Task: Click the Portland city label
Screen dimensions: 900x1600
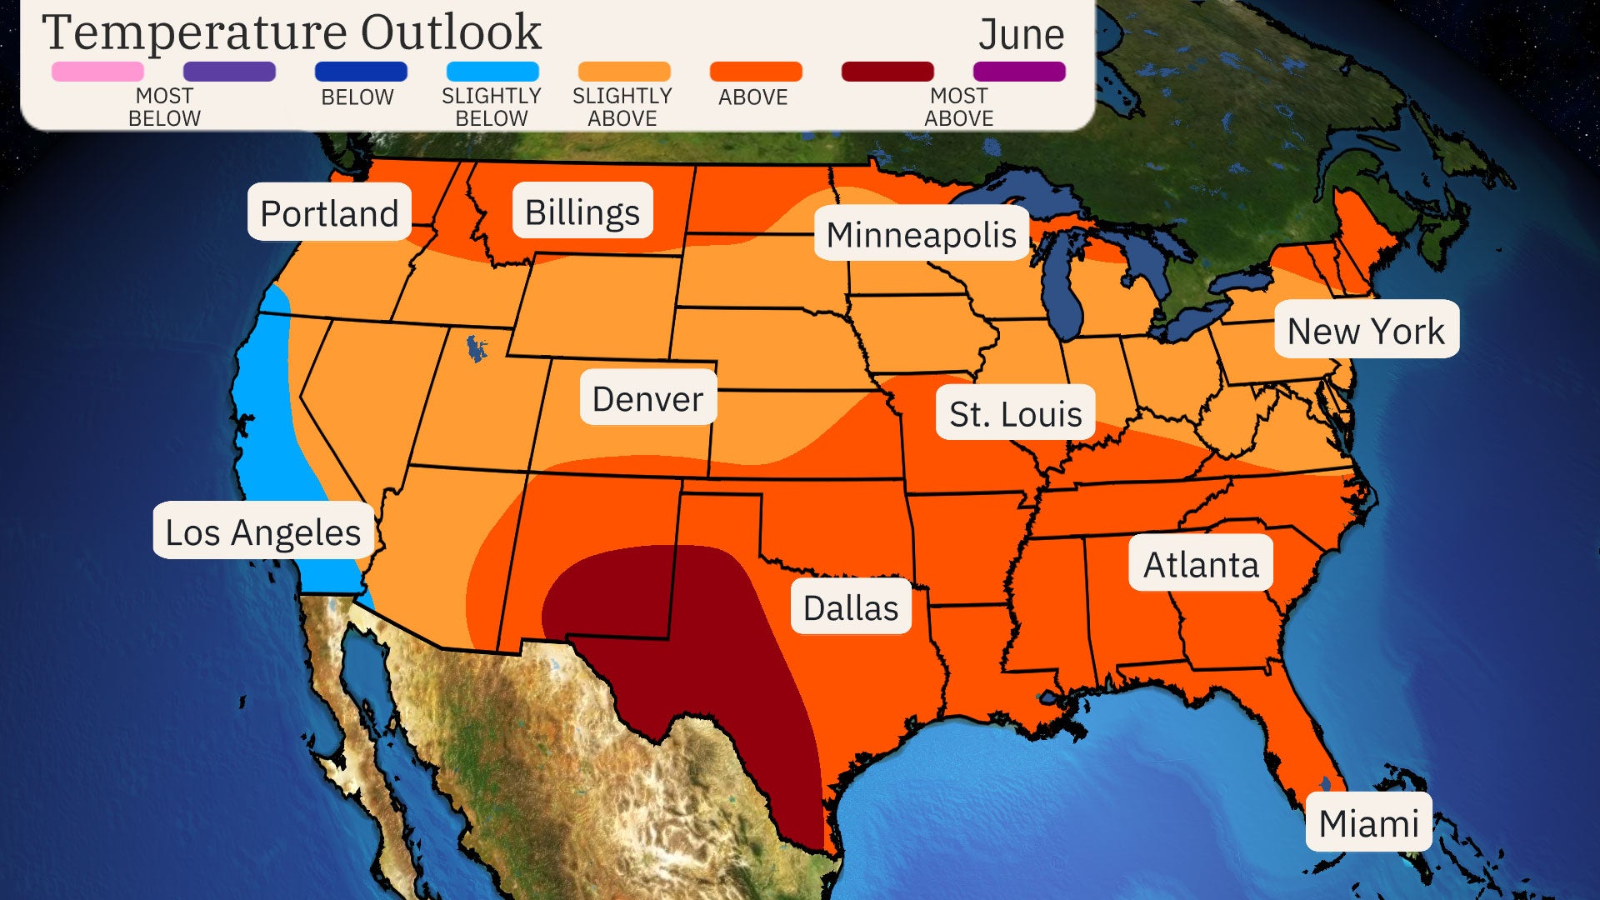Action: (329, 213)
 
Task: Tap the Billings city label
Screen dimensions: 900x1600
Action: (582, 212)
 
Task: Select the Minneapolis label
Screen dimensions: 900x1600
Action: (921, 234)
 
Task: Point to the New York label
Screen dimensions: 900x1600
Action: (1366, 330)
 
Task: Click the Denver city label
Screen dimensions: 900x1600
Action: (647, 398)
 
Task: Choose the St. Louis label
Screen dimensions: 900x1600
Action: (1015, 413)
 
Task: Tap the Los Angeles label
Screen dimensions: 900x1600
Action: (262, 532)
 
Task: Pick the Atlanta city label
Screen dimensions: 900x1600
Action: (1200, 564)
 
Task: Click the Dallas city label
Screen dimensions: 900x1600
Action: (850, 607)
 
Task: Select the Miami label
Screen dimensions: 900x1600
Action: (1368, 823)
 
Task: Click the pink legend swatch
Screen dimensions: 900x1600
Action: (97, 72)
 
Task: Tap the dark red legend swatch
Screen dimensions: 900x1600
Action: (887, 72)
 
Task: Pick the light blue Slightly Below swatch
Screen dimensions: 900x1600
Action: (492, 72)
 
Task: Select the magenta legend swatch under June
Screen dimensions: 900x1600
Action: (1018, 72)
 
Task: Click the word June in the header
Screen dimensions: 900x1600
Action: (1021, 35)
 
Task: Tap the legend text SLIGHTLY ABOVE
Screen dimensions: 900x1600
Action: (622, 107)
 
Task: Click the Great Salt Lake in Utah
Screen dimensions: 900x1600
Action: (476, 348)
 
